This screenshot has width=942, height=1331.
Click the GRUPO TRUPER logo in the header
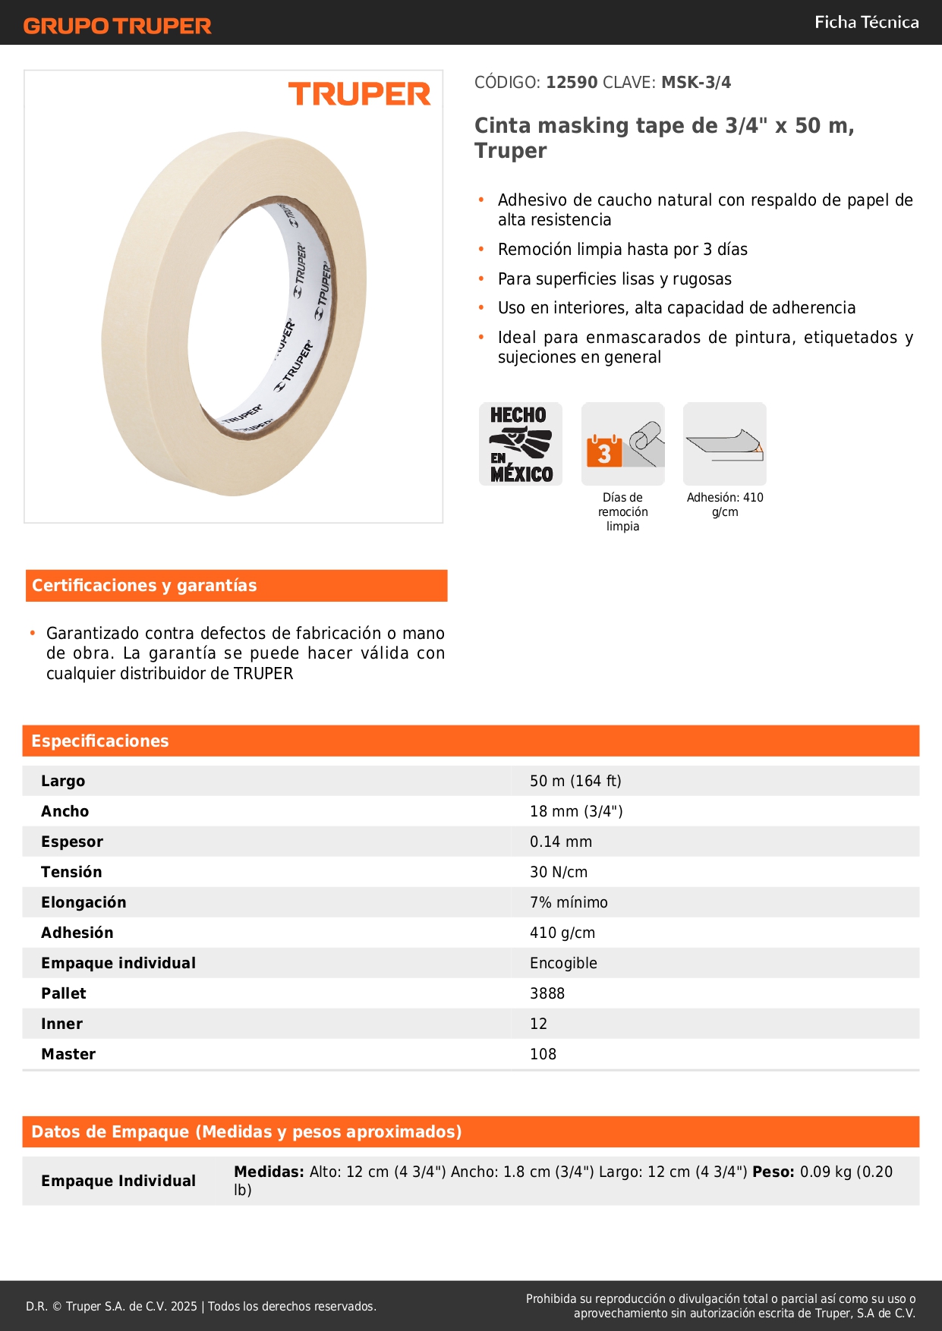click(117, 26)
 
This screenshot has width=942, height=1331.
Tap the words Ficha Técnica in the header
click(866, 22)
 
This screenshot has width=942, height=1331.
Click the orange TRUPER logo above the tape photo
click(359, 94)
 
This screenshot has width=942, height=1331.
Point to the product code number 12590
click(572, 83)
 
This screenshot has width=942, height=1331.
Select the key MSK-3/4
click(696, 83)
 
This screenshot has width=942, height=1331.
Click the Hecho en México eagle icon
click(521, 444)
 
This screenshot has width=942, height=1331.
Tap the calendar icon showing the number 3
click(604, 452)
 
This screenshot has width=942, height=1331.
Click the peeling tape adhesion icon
click(725, 444)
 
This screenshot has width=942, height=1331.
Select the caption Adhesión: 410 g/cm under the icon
click(725, 505)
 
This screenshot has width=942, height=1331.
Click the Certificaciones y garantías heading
click(144, 586)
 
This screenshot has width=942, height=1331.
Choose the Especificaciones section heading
click(100, 741)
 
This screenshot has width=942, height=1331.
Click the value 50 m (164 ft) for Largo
click(575, 781)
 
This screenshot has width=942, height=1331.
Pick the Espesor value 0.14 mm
click(561, 842)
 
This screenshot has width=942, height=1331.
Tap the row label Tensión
click(71, 872)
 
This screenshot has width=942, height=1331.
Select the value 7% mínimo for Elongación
click(569, 902)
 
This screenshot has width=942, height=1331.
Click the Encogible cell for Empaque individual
click(563, 963)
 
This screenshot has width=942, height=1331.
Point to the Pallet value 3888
click(547, 993)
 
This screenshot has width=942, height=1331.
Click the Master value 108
click(543, 1054)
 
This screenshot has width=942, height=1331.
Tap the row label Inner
click(61, 1024)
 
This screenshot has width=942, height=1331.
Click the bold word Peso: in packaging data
click(773, 1172)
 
